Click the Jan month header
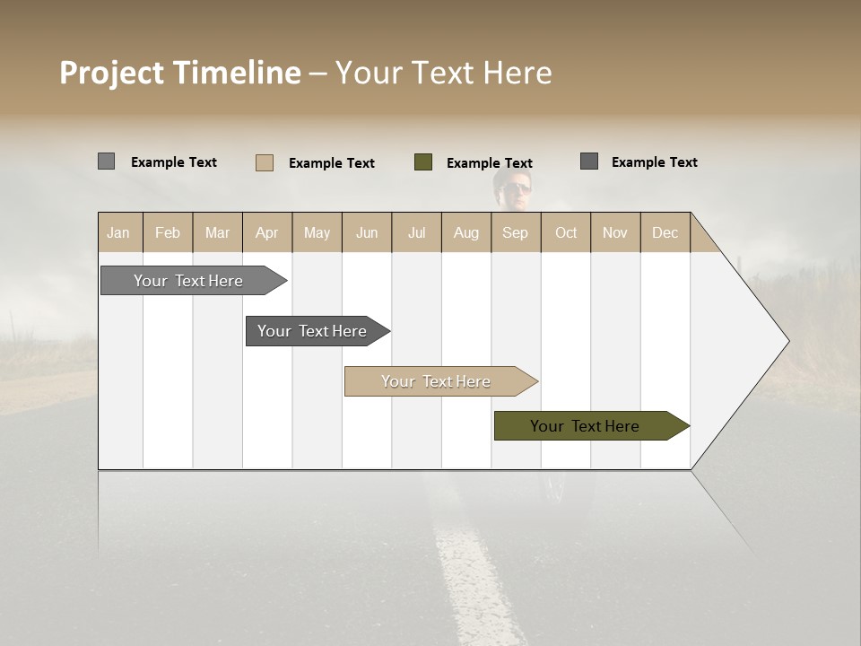pos(118,232)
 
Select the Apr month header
pos(266,232)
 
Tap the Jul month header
pos(416,232)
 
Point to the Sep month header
pos(515,232)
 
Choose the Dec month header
pos(665,232)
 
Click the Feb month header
pos(168,232)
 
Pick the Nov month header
pos(614,232)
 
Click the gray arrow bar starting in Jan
pos(188,281)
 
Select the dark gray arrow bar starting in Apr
pos(312,331)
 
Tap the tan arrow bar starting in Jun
pos(436,381)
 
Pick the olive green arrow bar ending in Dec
pos(585,426)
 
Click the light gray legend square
pos(106,161)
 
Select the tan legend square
pos(264,162)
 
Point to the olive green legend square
pos(423,162)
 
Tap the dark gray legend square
pos(588,161)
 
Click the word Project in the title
pos(111,73)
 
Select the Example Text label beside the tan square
pos(331,163)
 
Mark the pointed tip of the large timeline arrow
pos(787,341)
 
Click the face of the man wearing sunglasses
pos(516,190)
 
